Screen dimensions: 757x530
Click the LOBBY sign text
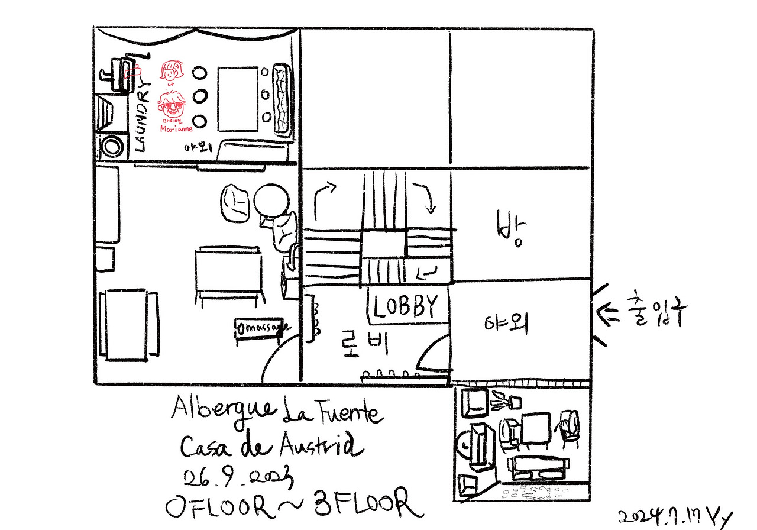coord(407,306)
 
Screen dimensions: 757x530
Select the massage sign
coord(263,327)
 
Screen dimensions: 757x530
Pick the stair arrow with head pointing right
coord(323,195)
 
